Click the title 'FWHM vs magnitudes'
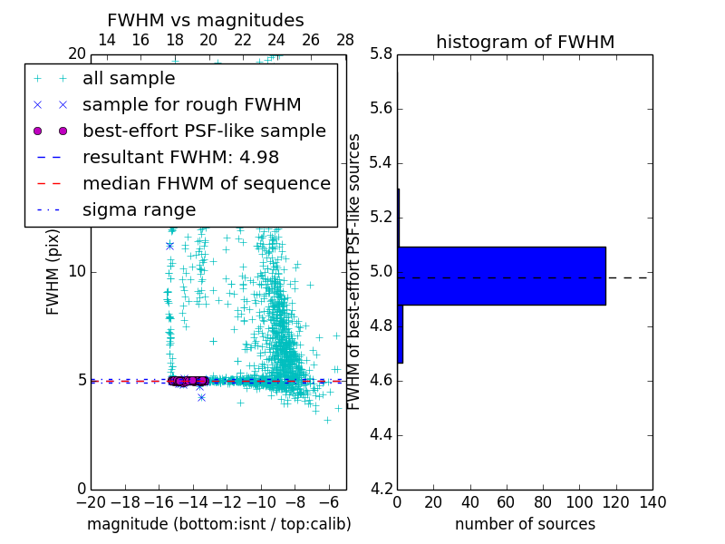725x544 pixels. tap(206, 20)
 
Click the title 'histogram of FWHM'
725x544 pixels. tap(525, 42)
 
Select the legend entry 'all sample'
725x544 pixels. tap(129, 79)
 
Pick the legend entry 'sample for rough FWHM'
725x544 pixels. tap(191, 104)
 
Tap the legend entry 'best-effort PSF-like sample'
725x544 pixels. tap(204, 131)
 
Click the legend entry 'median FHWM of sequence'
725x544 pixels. tap(206, 183)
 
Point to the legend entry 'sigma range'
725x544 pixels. tap(139, 209)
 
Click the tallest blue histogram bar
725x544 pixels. tap(501, 276)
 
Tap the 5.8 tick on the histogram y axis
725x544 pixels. tap(382, 54)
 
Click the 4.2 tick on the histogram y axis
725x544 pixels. tap(382, 489)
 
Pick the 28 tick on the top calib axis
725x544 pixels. tap(345, 40)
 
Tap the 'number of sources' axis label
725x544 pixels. tap(525, 524)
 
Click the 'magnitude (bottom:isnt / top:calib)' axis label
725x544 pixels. tap(218, 524)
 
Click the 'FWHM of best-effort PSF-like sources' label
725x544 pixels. tap(354, 272)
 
